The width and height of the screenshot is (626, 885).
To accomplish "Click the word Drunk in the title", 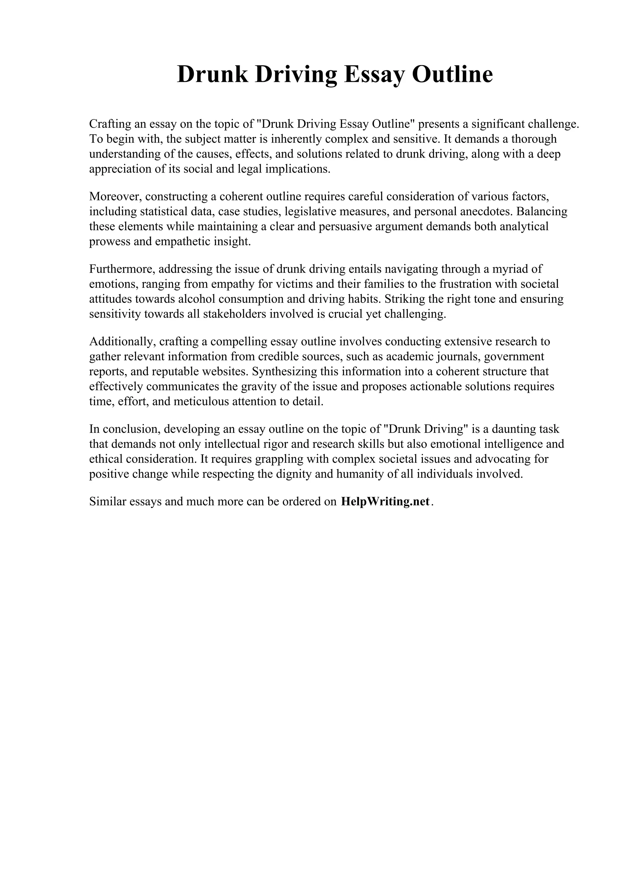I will pos(212,75).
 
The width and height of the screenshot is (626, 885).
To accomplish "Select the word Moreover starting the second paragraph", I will pos(115,197).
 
